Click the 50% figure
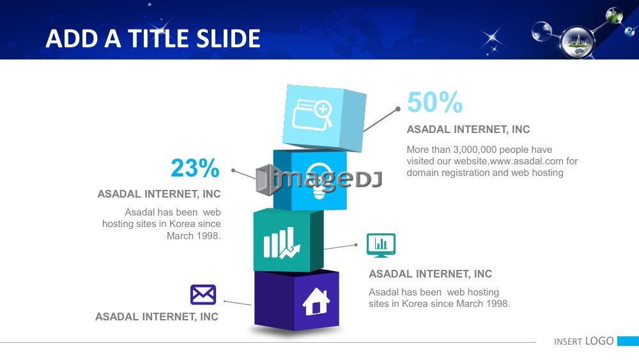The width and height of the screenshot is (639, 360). click(435, 102)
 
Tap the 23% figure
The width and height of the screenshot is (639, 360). click(195, 168)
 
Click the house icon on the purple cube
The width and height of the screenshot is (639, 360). click(316, 301)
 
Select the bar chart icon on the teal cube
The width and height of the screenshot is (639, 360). click(282, 243)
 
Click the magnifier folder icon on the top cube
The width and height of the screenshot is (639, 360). click(312, 114)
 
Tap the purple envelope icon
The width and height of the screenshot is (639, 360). click(203, 294)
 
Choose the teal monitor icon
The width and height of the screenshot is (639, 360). click(381, 246)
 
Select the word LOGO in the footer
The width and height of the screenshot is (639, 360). click(599, 341)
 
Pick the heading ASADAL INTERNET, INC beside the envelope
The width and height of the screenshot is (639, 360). click(157, 317)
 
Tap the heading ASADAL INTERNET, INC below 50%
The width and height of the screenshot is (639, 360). click(468, 129)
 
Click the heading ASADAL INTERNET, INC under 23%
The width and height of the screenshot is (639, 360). click(159, 194)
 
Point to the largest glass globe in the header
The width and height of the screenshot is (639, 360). click(578, 42)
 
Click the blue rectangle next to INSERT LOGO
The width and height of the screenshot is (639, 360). click(628, 341)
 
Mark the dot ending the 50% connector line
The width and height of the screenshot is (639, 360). click(398, 109)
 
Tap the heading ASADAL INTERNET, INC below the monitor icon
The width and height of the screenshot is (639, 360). click(430, 274)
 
